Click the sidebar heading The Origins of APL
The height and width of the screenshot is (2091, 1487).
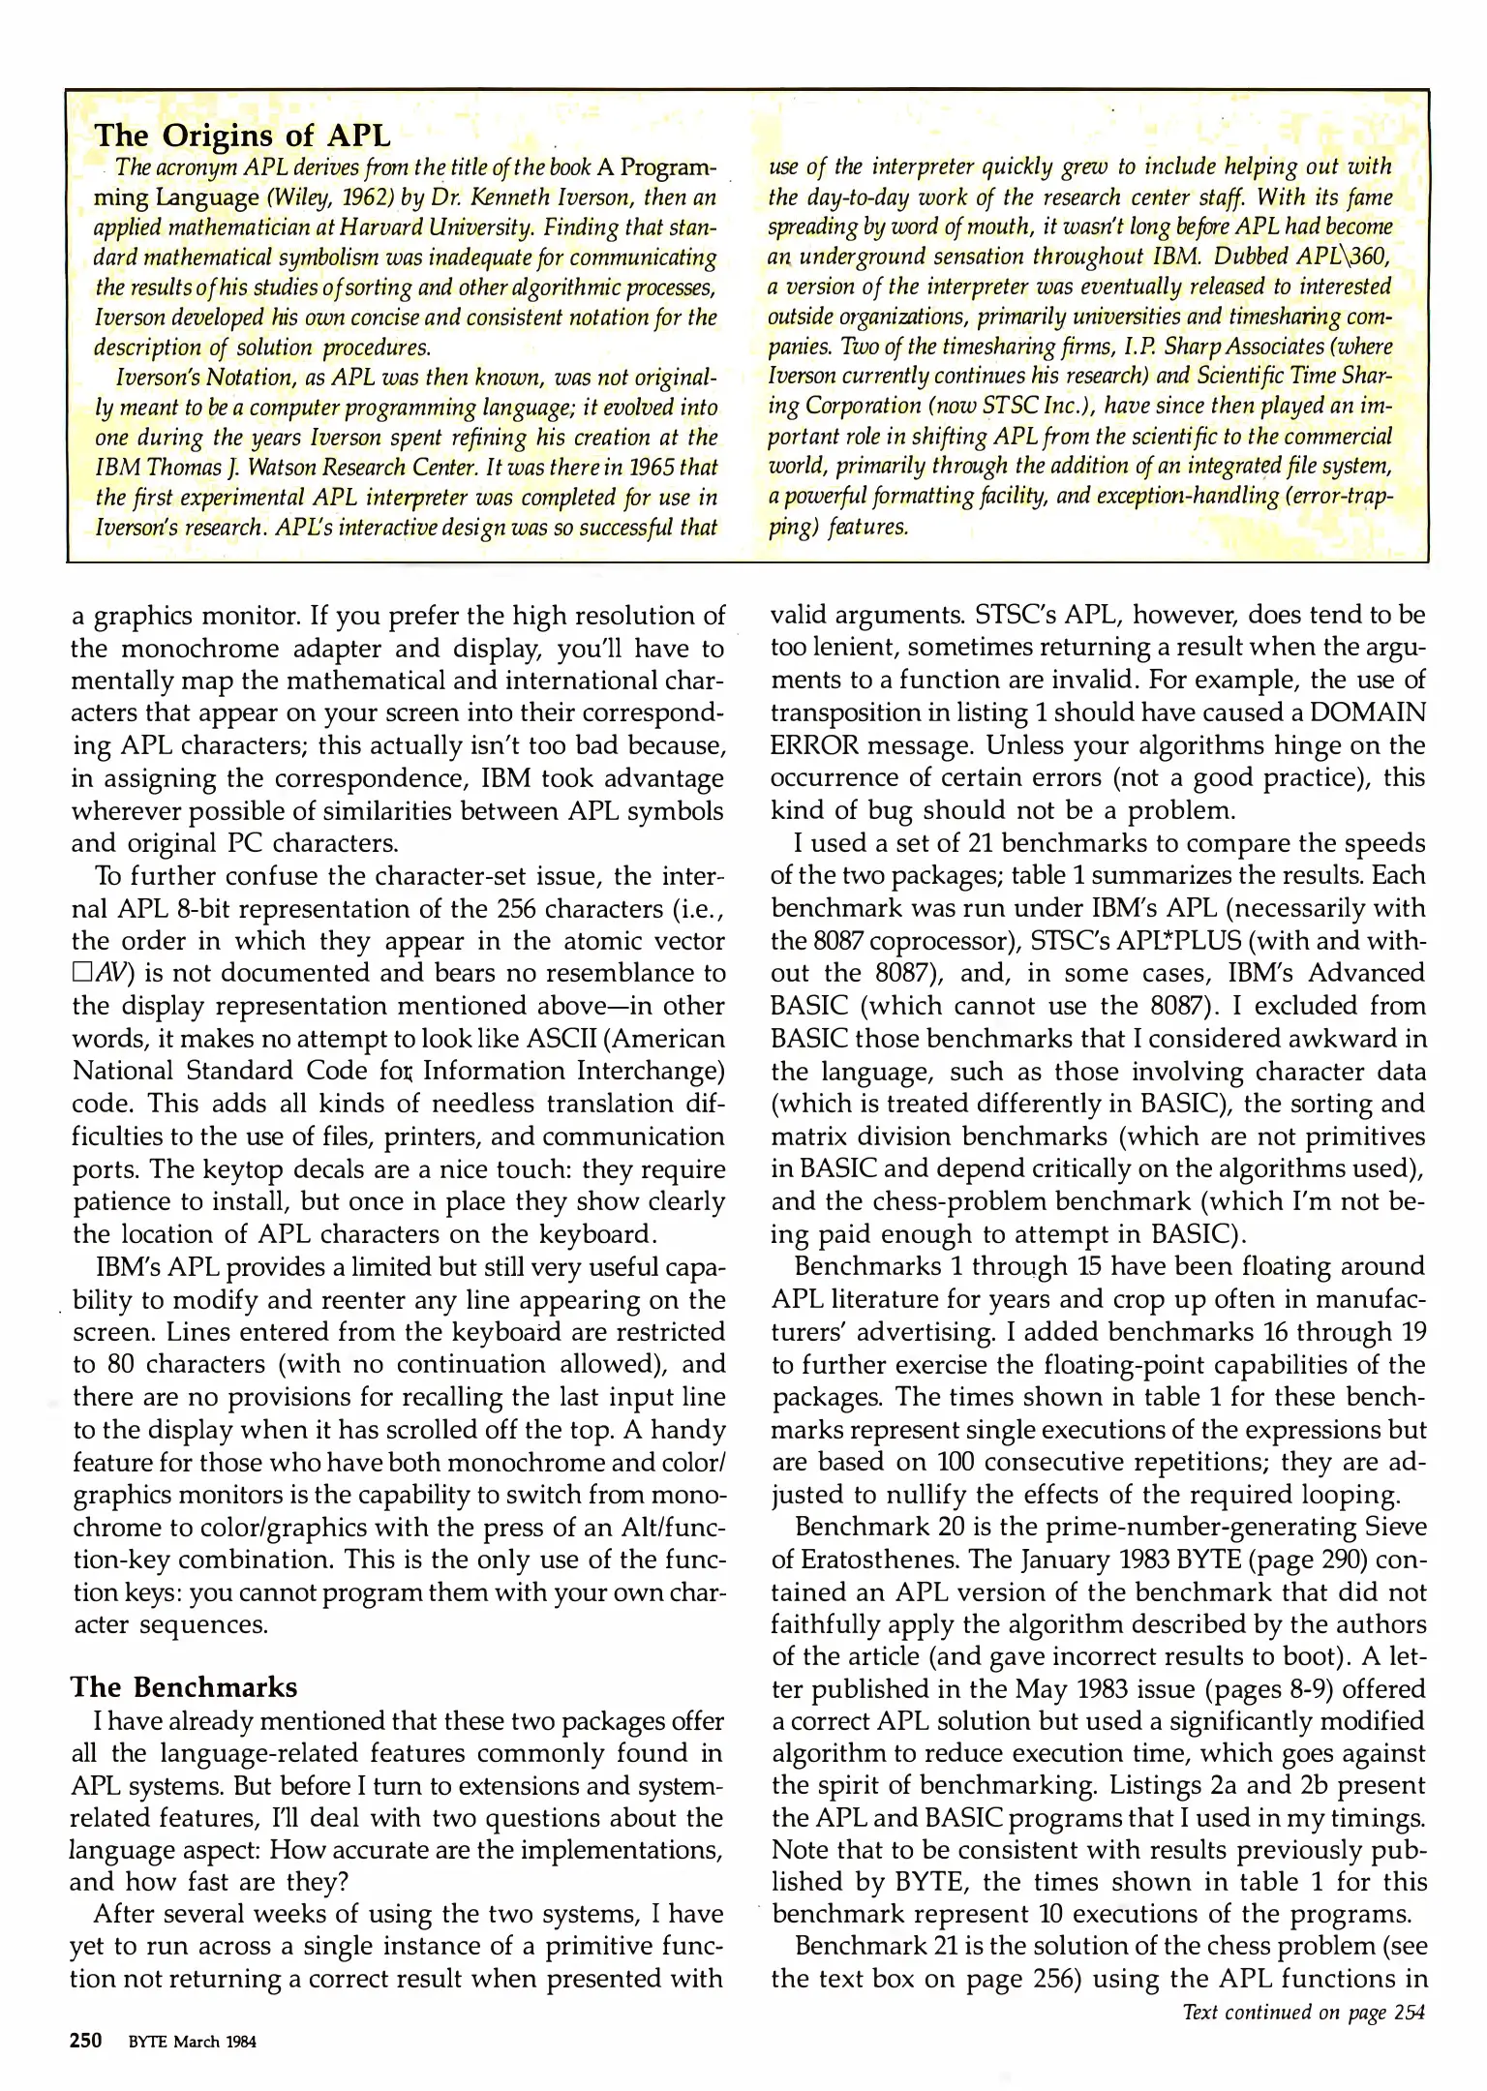point(242,136)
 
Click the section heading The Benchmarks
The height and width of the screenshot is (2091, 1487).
point(184,1687)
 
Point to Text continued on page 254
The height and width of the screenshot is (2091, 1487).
point(1304,2013)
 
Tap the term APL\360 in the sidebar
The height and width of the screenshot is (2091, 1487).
point(1347,258)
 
